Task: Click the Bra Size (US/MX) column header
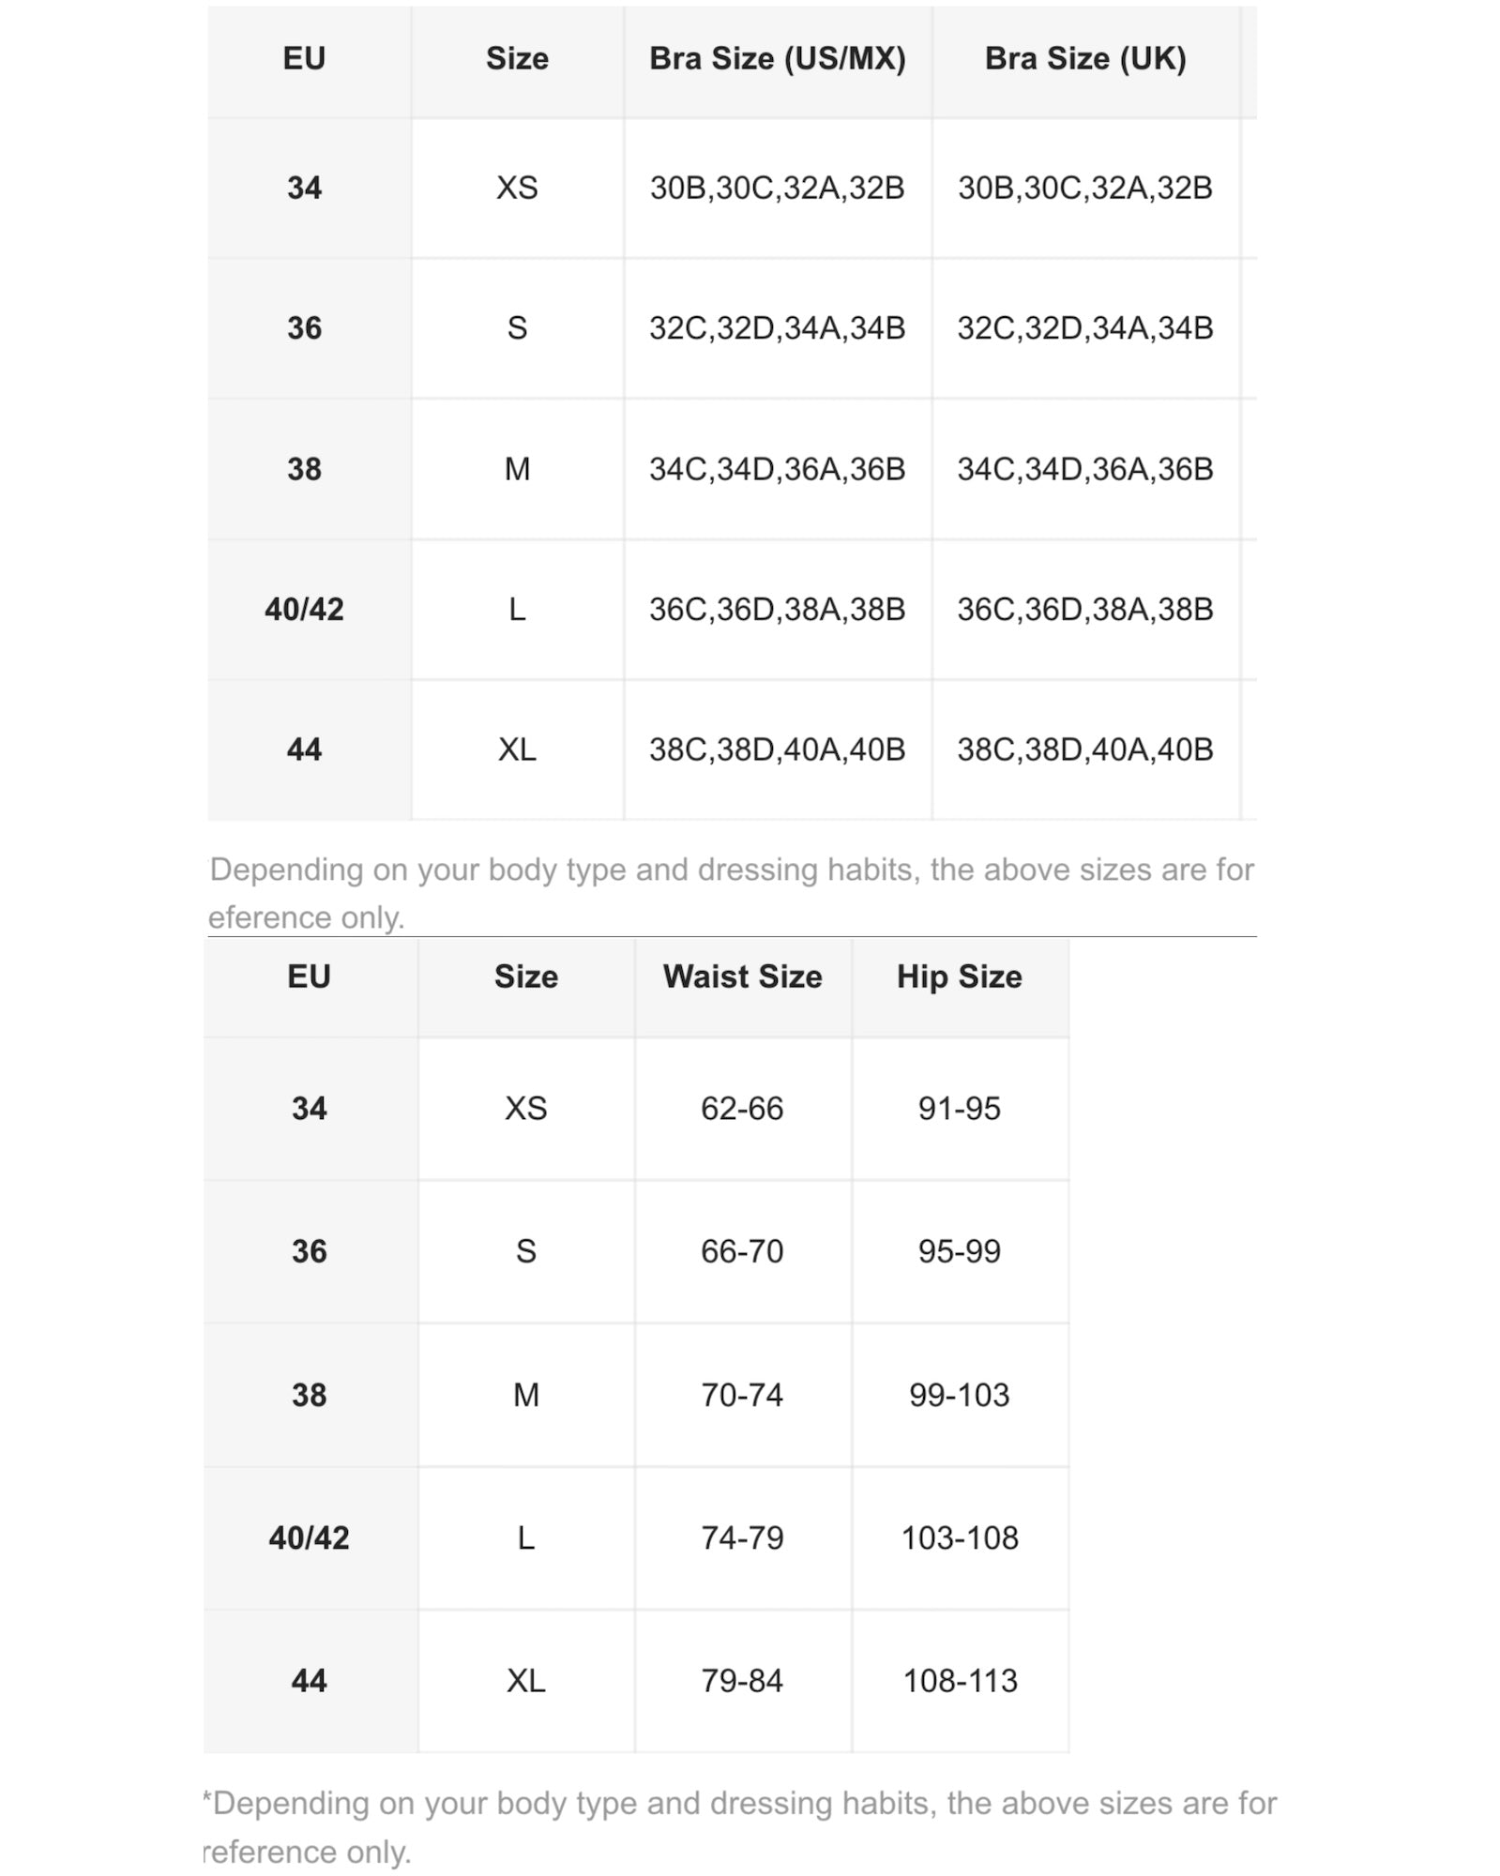(777, 59)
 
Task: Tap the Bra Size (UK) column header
(1085, 59)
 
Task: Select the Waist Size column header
(742, 977)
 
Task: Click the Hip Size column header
(959, 977)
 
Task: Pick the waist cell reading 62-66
(742, 1109)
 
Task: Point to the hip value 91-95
(959, 1109)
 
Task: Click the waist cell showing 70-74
(742, 1395)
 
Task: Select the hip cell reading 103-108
(959, 1537)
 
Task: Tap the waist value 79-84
(742, 1680)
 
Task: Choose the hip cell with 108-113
(959, 1680)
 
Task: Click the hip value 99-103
(959, 1395)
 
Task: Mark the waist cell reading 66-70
(742, 1251)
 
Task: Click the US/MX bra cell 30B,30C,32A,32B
(777, 188)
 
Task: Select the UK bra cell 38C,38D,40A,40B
(1085, 749)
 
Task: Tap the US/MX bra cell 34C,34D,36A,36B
(777, 469)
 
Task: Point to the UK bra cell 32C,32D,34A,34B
(1085, 328)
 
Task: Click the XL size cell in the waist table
(525, 1680)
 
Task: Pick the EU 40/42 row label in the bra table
(304, 610)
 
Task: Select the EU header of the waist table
(309, 977)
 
